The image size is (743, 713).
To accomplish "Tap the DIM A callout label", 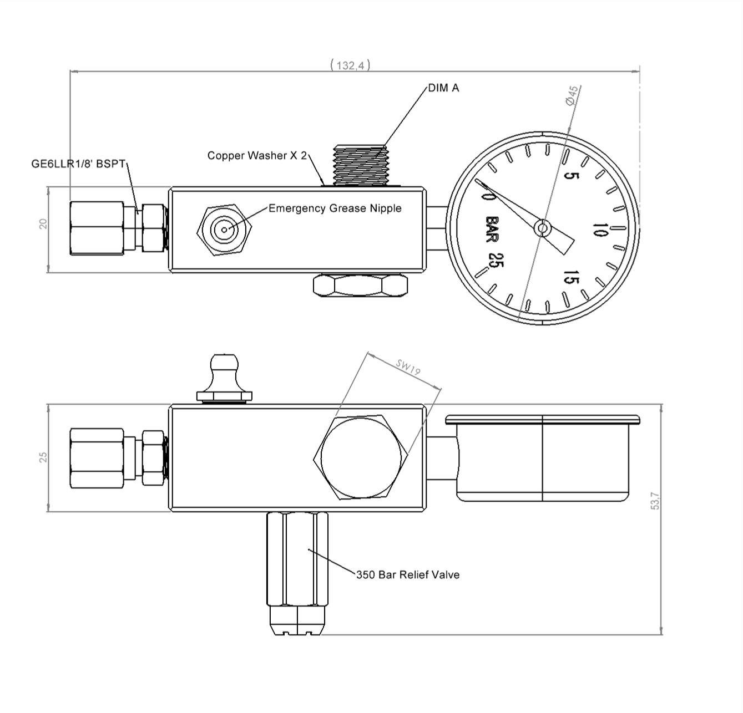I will pos(443,88).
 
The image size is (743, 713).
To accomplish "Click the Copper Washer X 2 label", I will pos(257,156).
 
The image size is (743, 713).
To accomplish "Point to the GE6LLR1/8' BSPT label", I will pos(79,164).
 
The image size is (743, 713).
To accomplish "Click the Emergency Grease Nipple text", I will pos(335,208).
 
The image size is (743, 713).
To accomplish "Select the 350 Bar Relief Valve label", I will pos(408,575).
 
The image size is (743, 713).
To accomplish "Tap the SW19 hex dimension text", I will pos(408,368).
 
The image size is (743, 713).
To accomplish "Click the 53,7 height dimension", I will pos(656,501).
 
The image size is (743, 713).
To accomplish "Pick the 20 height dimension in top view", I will pos(44,223).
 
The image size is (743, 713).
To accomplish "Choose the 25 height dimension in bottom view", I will pos(44,457).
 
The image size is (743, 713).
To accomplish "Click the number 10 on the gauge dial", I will pos(600,230).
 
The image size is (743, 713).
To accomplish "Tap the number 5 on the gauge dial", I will pos(572,176).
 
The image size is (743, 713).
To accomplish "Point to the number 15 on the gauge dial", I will pos(570,277).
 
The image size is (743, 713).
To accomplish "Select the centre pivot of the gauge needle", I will pos(542,227).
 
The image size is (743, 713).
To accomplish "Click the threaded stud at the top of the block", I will pos(360,165).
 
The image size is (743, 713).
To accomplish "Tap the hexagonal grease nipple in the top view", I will pos(225,229).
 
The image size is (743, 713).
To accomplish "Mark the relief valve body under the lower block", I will pos(298,560).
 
